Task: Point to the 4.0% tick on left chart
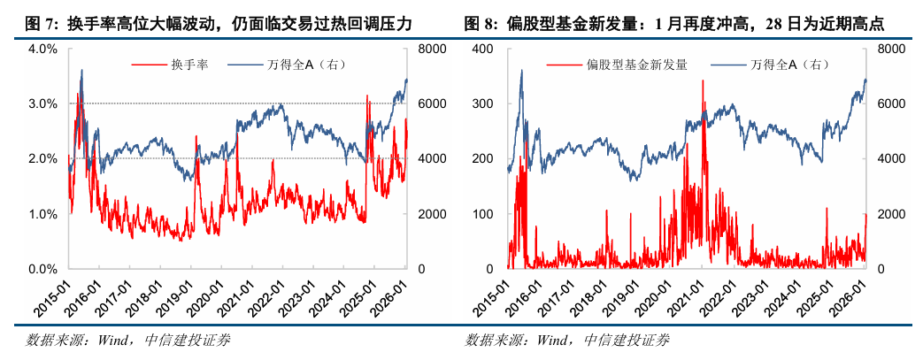43,50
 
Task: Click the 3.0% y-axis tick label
43,104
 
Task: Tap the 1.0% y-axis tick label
43,214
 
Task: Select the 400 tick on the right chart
486,50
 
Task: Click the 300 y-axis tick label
486,104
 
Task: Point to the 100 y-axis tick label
486,214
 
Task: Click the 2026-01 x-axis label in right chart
850,292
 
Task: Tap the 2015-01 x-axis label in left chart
55,292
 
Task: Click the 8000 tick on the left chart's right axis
426,50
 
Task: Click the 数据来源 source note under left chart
129,341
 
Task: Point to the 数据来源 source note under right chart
567,341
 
